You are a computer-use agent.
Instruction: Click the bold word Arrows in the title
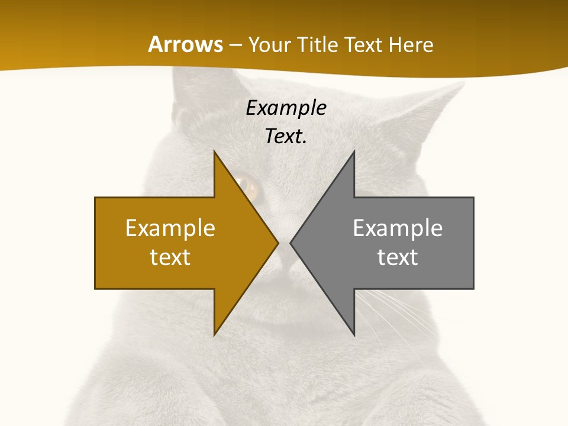(x=186, y=44)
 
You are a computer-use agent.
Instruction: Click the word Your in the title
(x=269, y=44)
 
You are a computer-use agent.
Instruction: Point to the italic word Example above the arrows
(x=286, y=108)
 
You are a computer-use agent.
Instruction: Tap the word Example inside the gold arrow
(x=170, y=228)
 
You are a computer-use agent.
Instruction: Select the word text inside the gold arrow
(x=170, y=257)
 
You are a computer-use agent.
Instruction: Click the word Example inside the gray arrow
(x=398, y=228)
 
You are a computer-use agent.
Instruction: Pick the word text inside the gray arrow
(x=398, y=257)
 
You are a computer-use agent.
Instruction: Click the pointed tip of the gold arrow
(x=277, y=243)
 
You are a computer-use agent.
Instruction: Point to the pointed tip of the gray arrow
(x=291, y=243)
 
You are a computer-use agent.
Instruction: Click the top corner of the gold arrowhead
(x=215, y=152)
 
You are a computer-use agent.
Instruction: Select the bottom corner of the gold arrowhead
(x=215, y=334)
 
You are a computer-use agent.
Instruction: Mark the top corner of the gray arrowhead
(x=354, y=152)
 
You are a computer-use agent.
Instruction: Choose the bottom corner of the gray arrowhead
(x=354, y=334)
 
